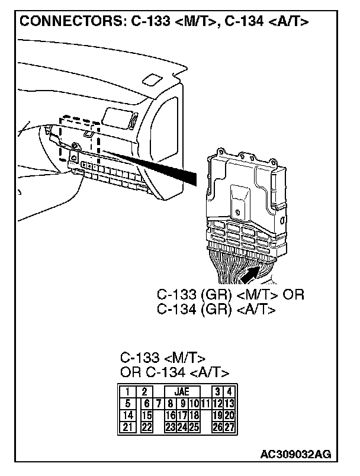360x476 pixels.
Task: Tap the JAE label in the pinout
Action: point(177,391)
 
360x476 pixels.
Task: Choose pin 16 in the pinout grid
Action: point(171,415)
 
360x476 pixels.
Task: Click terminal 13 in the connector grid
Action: point(230,403)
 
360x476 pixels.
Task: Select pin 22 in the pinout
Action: point(146,426)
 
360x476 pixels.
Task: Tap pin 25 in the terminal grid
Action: point(194,426)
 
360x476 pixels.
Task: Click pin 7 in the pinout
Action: point(159,403)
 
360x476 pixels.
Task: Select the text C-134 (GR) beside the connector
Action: point(194,308)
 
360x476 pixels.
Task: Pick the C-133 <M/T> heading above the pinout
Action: point(162,358)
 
